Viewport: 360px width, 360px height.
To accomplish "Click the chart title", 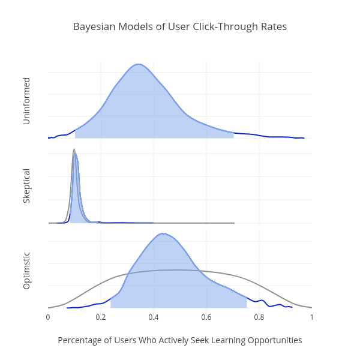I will tap(180, 27).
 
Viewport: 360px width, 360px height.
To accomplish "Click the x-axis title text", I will tap(180, 340).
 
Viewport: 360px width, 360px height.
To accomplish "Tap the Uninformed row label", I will tap(26, 101).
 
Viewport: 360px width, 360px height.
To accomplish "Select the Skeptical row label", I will tap(26, 186).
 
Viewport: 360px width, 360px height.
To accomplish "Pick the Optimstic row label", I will tap(26, 270).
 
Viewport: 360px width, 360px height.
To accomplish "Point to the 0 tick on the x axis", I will tap(48, 317).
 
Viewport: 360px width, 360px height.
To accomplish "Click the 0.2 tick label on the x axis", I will tap(101, 317).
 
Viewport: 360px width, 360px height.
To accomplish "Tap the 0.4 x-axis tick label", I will tap(154, 317).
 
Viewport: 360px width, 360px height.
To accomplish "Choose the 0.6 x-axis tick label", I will tap(206, 317).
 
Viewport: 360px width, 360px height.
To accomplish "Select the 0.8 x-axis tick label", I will tap(259, 317).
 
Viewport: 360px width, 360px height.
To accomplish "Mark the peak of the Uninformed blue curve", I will tap(139, 64).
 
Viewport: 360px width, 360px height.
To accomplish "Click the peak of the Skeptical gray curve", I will tap(74, 149).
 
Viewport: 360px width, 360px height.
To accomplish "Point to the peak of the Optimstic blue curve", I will tap(162, 233).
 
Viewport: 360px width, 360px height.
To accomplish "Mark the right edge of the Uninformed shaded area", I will tap(233, 134).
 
